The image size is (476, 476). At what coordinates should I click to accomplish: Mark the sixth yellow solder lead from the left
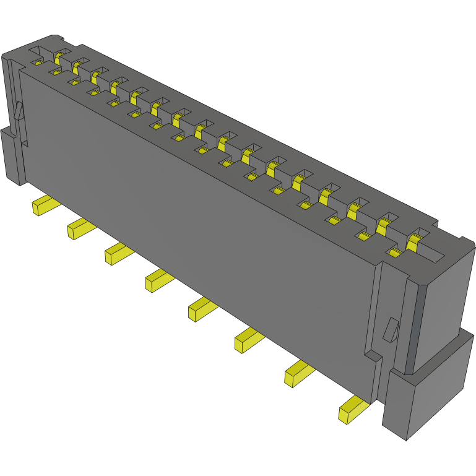click(x=246, y=340)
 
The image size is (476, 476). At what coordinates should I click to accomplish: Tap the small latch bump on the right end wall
click(x=389, y=329)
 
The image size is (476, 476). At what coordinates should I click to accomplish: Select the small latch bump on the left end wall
click(x=19, y=111)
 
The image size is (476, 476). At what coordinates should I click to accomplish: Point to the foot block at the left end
click(x=12, y=155)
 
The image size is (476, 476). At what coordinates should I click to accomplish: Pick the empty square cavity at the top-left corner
click(x=38, y=51)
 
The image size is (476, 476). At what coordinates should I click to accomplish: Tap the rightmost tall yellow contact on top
click(x=414, y=241)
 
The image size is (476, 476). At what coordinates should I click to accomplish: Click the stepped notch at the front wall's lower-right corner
click(x=374, y=358)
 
